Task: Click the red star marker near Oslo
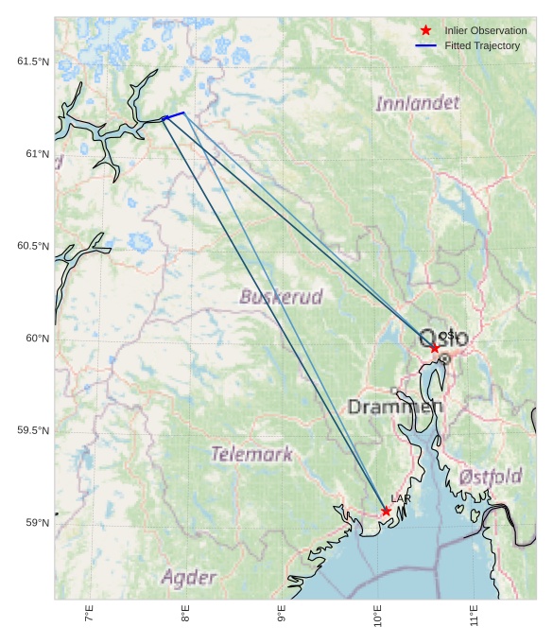pos(435,348)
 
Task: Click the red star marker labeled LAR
pos(386,511)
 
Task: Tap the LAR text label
pos(400,498)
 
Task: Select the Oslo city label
pos(443,338)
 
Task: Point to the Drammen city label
pos(394,408)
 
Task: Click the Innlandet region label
pos(417,103)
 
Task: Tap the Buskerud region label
pos(281,297)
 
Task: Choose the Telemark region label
pos(251,454)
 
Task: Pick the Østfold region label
pos(491,477)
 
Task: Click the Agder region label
pos(189,577)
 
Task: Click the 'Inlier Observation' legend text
pos(485,30)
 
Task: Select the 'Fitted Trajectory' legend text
pos(482,45)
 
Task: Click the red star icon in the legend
pos(426,30)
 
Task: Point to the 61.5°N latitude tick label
pos(32,61)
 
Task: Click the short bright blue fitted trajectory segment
pos(174,115)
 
